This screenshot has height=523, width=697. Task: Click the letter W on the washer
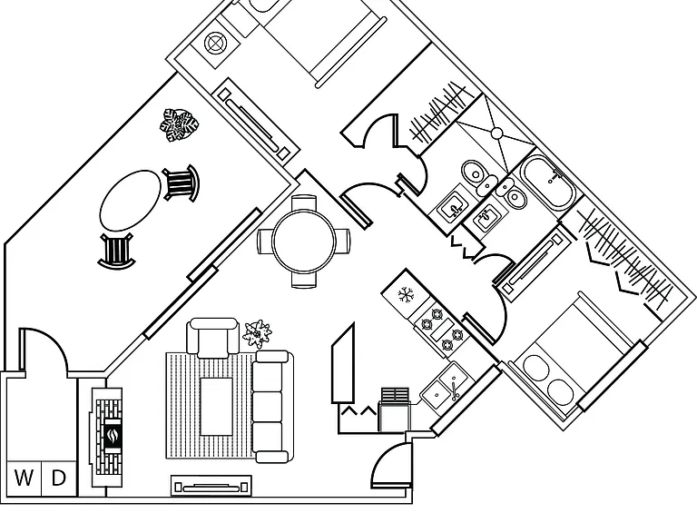click(x=24, y=479)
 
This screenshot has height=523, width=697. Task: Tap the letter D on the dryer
click(x=59, y=479)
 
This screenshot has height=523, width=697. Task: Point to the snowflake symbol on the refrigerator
click(x=406, y=295)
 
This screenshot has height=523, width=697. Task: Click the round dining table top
click(x=304, y=242)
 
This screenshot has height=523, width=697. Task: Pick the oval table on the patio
click(x=131, y=200)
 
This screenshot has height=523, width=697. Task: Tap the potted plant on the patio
click(x=179, y=125)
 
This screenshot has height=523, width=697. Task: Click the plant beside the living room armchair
click(x=258, y=333)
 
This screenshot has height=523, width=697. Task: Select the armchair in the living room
click(x=212, y=337)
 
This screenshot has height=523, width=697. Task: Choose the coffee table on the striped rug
click(x=217, y=407)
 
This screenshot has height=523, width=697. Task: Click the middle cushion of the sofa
click(x=267, y=407)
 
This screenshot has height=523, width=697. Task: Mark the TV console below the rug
click(x=211, y=486)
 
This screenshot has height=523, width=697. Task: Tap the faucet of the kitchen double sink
click(x=454, y=391)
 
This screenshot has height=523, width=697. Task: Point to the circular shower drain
click(x=497, y=133)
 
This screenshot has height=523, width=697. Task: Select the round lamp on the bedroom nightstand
click(x=216, y=44)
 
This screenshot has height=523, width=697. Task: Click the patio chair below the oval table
click(x=116, y=251)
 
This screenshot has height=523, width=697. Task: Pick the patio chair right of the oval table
click(x=182, y=183)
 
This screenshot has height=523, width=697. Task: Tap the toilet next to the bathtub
click(x=512, y=193)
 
